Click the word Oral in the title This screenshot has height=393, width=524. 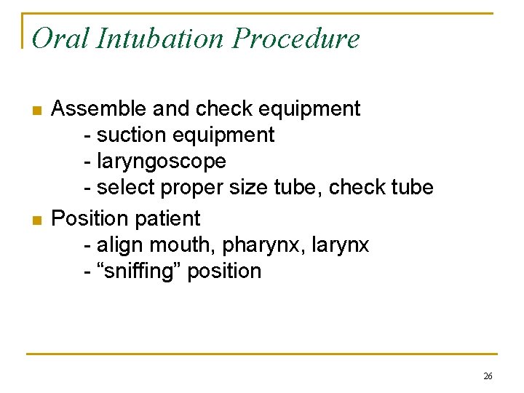tap(56, 38)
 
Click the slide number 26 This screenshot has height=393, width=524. tap(488, 376)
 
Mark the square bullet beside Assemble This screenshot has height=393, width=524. tap(36, 111)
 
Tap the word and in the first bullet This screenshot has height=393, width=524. tap(172, 108)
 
